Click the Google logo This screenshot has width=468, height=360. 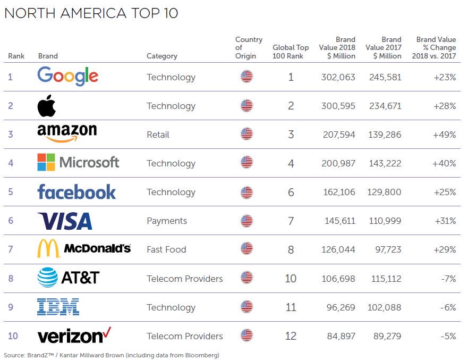tap(67, 77)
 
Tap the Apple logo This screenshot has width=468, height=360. tap(46, 106)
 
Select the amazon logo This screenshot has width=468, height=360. tap(67, 133)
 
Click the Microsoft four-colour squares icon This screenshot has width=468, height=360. tap(46, 162)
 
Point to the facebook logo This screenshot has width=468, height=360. tap(76, 191)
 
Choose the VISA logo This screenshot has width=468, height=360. tap(65, 221)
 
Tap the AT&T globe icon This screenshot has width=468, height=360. tap(47, 277)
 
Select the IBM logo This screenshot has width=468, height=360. tap(58, 306)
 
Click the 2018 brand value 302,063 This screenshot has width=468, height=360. tap(338, 77)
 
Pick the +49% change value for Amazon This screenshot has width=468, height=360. tap(445, 135)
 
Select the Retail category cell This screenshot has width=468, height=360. tap(158, 135)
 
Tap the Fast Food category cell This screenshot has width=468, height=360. tap(166, 249)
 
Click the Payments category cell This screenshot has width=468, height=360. tap(167, 221)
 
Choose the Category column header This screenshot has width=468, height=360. tap(161, 56)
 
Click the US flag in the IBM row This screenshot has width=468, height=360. tap(246, 307)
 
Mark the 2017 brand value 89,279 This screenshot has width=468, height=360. tap(385, 336)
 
